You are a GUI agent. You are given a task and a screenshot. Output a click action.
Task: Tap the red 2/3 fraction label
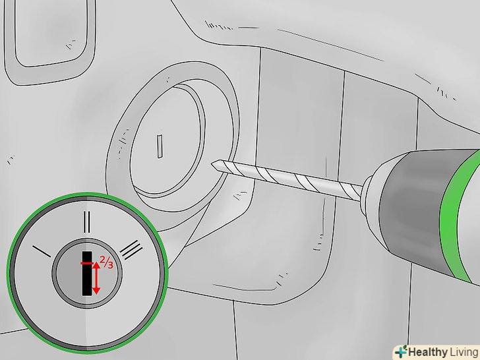(106, 262)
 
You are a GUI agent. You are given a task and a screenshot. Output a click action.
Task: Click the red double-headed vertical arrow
(96, 278)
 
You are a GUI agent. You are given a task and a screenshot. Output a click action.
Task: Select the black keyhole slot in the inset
(87, 274)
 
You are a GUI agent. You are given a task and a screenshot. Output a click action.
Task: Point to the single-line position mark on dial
(42, 251)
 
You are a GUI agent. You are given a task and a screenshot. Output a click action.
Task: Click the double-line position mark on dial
(87, 222)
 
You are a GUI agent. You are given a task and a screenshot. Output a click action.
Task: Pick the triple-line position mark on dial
(131, 249)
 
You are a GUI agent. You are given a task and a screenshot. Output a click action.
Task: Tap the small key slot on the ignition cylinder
(160, 146)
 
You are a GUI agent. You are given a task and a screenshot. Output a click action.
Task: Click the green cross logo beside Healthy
(401, 351)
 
